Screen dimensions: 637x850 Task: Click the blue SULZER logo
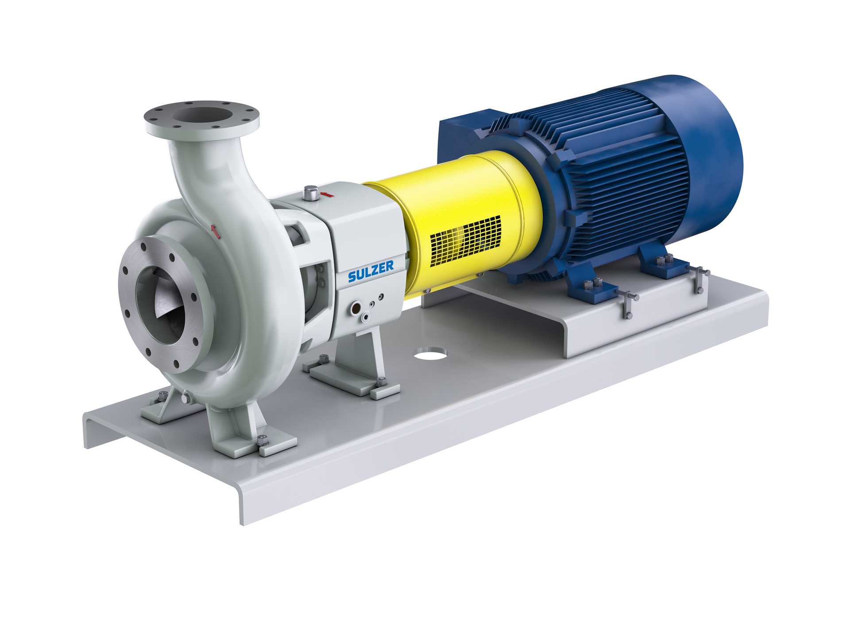click(371, 271)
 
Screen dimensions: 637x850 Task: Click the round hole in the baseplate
click(430, 353)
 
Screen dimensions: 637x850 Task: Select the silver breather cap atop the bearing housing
click(311, 193)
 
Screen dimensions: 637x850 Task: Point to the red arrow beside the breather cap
click(327, 194)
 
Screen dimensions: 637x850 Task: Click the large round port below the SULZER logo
click(355, 308)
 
